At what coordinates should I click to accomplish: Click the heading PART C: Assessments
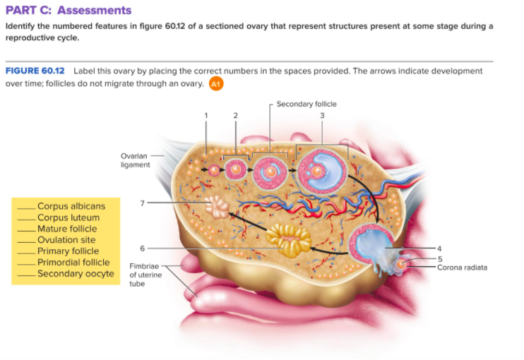click(68, 10)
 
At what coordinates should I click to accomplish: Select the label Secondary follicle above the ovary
click(306, 104)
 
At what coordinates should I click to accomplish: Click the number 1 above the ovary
click(206, 114)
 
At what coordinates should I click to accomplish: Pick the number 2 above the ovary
click(236, 114)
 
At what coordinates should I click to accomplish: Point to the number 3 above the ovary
click(322, 114)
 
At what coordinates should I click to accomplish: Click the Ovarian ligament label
click(135, 160)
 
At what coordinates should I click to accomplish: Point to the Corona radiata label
click(462, 267)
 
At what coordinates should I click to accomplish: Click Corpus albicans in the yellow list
click(71, 206)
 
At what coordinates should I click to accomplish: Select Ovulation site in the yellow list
click(66, 240)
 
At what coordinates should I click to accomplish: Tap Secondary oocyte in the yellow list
click(76, 274)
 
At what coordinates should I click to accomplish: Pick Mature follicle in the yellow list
click(67, 229)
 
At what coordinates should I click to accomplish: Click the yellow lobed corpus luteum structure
click(287, 240)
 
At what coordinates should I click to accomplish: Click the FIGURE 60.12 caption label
click(35, 71)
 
